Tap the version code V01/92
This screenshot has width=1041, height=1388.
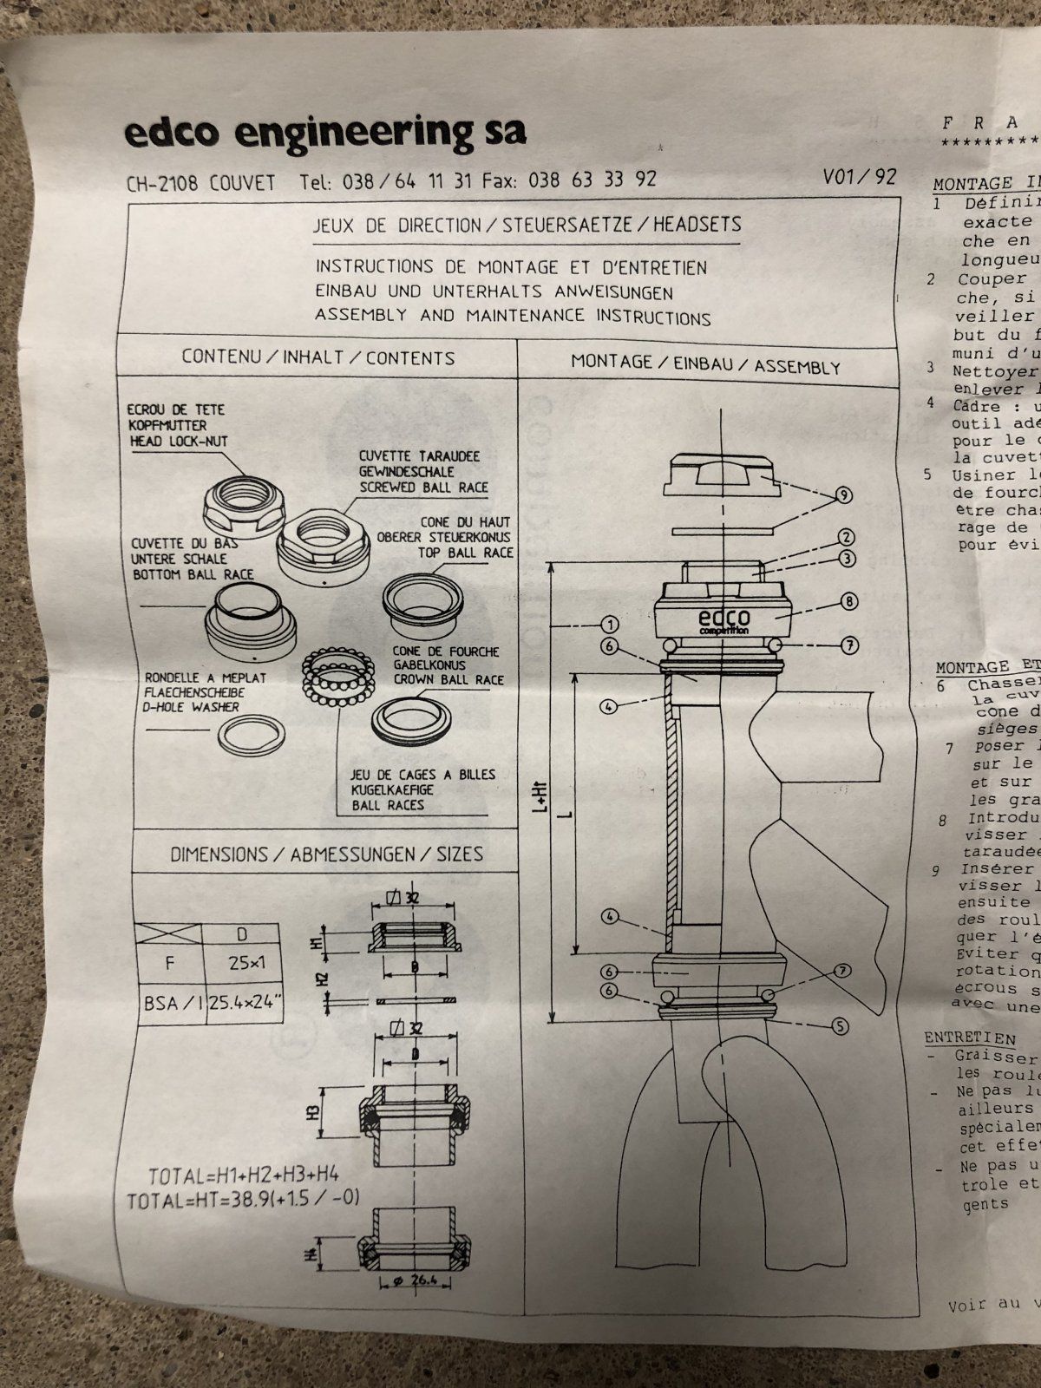860,177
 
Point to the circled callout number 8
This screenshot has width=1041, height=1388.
848,601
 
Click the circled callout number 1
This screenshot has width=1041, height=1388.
611,625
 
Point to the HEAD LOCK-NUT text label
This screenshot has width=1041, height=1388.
177,442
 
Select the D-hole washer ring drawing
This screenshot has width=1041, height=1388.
252,737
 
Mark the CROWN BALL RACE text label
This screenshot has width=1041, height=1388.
448,679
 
